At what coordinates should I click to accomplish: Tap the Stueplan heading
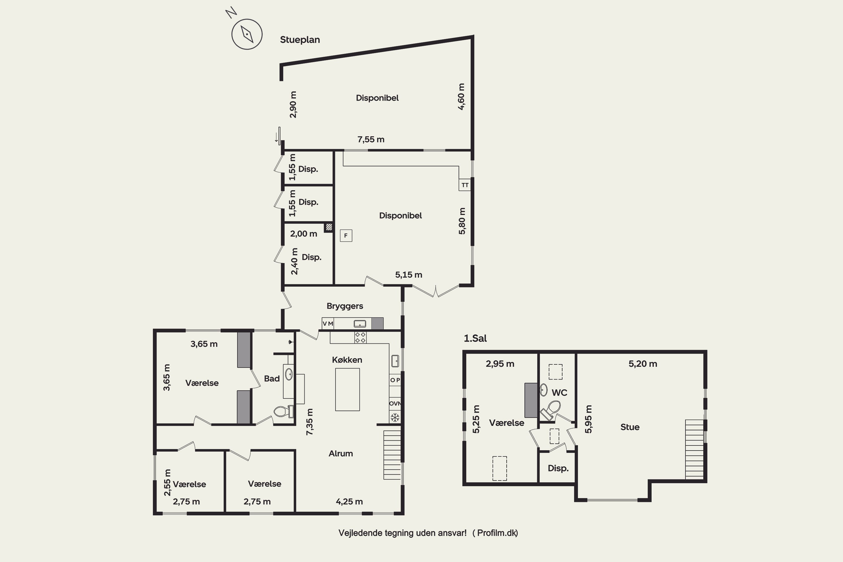click(300, 40)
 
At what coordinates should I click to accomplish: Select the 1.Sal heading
click(475, 338)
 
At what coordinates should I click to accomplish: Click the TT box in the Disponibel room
click(465, 185)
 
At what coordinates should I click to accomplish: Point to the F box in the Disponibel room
click(346, 235)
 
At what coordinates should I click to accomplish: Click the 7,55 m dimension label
click(371, 139)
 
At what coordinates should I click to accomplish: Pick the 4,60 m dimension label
click(461, 97)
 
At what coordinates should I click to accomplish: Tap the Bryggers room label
click(345, 306)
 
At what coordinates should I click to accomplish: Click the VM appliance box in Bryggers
click(328, 324)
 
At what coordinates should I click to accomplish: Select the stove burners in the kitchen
click(360, 337)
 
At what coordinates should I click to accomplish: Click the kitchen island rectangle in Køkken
click(347, 389)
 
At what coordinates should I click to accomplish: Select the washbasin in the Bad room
click(289, 375)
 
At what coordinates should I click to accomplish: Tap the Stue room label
click(630, 427)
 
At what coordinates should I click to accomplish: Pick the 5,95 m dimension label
click(588, 419)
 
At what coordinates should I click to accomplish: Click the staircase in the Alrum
click(392, 455)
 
